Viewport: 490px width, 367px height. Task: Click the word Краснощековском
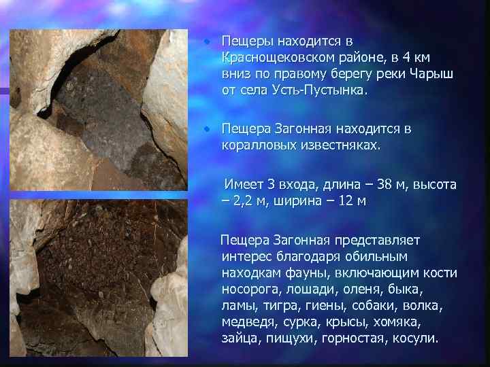tap(276, 58)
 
